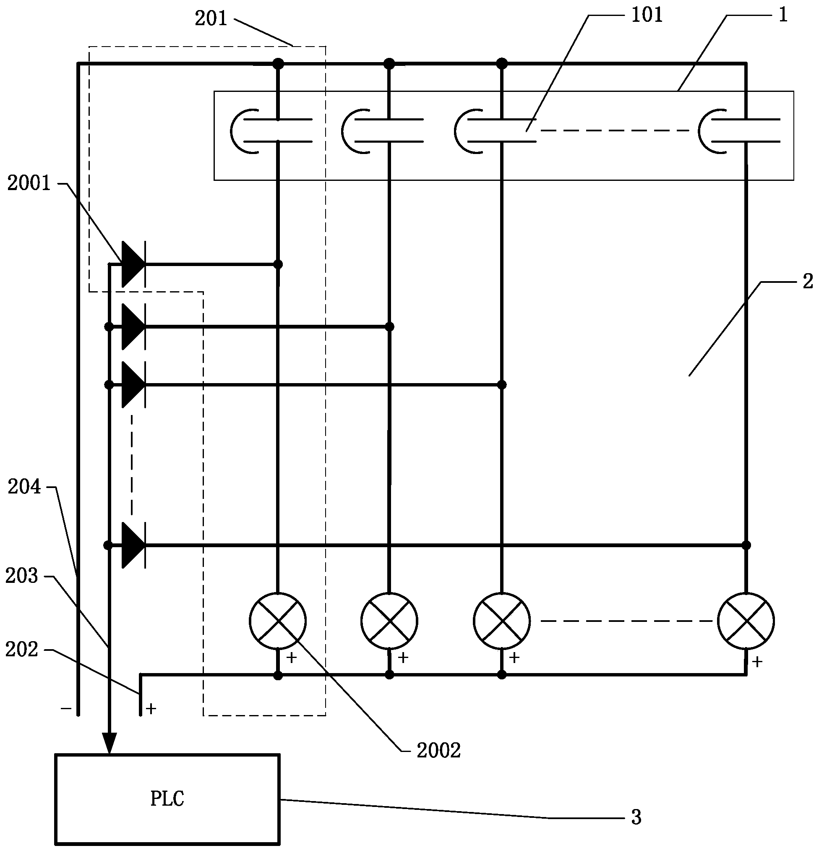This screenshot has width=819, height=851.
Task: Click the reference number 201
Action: click(x=211, y=18)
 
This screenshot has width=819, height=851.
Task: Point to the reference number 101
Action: click(x=647, y=15)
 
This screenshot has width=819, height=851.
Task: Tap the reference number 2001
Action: click(x=29, y=184)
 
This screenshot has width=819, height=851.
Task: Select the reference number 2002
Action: click(x=438, y=751)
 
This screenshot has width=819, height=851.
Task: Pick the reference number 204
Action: click(x=24, y=487)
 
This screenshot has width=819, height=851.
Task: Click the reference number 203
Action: click(x=22, y=576)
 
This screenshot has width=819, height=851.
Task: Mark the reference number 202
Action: click(x=22, y=650)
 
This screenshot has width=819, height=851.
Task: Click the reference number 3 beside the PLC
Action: click(x=636, y=817)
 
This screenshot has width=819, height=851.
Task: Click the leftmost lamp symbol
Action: click(x=278, y=621)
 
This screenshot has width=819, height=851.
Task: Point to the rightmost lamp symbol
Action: click(x=746, y=621)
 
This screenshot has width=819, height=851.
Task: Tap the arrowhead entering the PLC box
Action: click(x=110, y=743)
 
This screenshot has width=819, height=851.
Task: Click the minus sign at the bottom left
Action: click(x=66, y=709)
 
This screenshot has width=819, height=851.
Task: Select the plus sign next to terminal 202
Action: click(x=151, y=709)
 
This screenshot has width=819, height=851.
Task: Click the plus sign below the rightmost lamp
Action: click(x=757, y=662)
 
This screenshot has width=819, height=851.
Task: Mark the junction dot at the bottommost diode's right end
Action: click(x=746, y=546)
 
